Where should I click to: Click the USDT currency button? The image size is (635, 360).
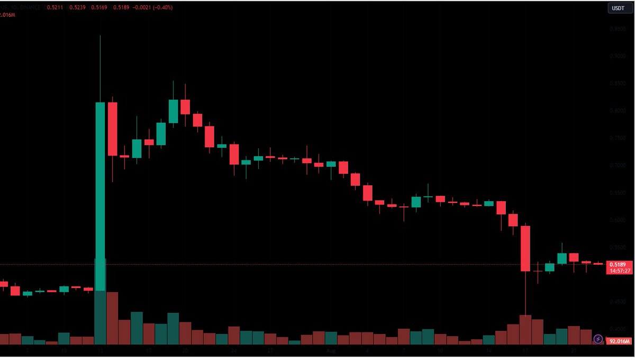(618, 8)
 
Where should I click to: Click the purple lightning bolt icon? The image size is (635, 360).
(598, 339)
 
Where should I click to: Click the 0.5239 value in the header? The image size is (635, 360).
(77, 7)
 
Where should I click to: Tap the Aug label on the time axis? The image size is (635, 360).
(330, 351)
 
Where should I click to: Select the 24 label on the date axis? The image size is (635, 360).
(233, 351)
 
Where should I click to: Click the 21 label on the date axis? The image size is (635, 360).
(573, 351)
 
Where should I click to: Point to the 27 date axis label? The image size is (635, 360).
(270, 351)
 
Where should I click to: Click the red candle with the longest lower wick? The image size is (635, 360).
(525, 249)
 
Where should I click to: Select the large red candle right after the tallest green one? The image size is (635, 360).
(112, 129)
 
